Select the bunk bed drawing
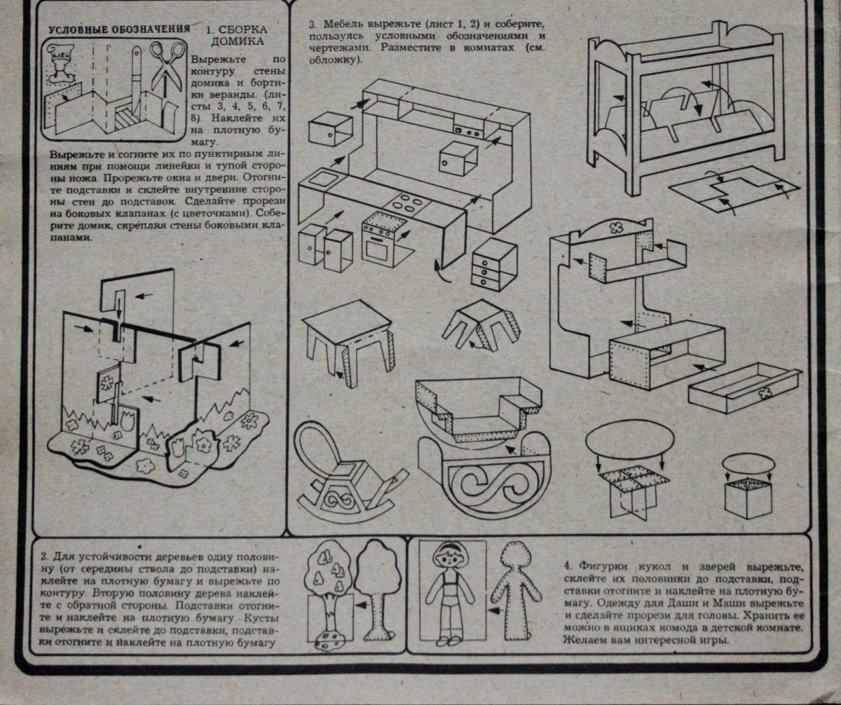pyautogui.click(x=687, y=112)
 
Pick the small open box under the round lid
pyautogui.click(x=748, y=498)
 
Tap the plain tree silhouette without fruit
pyautogui.click(x=377, y=589)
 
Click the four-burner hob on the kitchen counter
pyautogui.click(x=405, y=204)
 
